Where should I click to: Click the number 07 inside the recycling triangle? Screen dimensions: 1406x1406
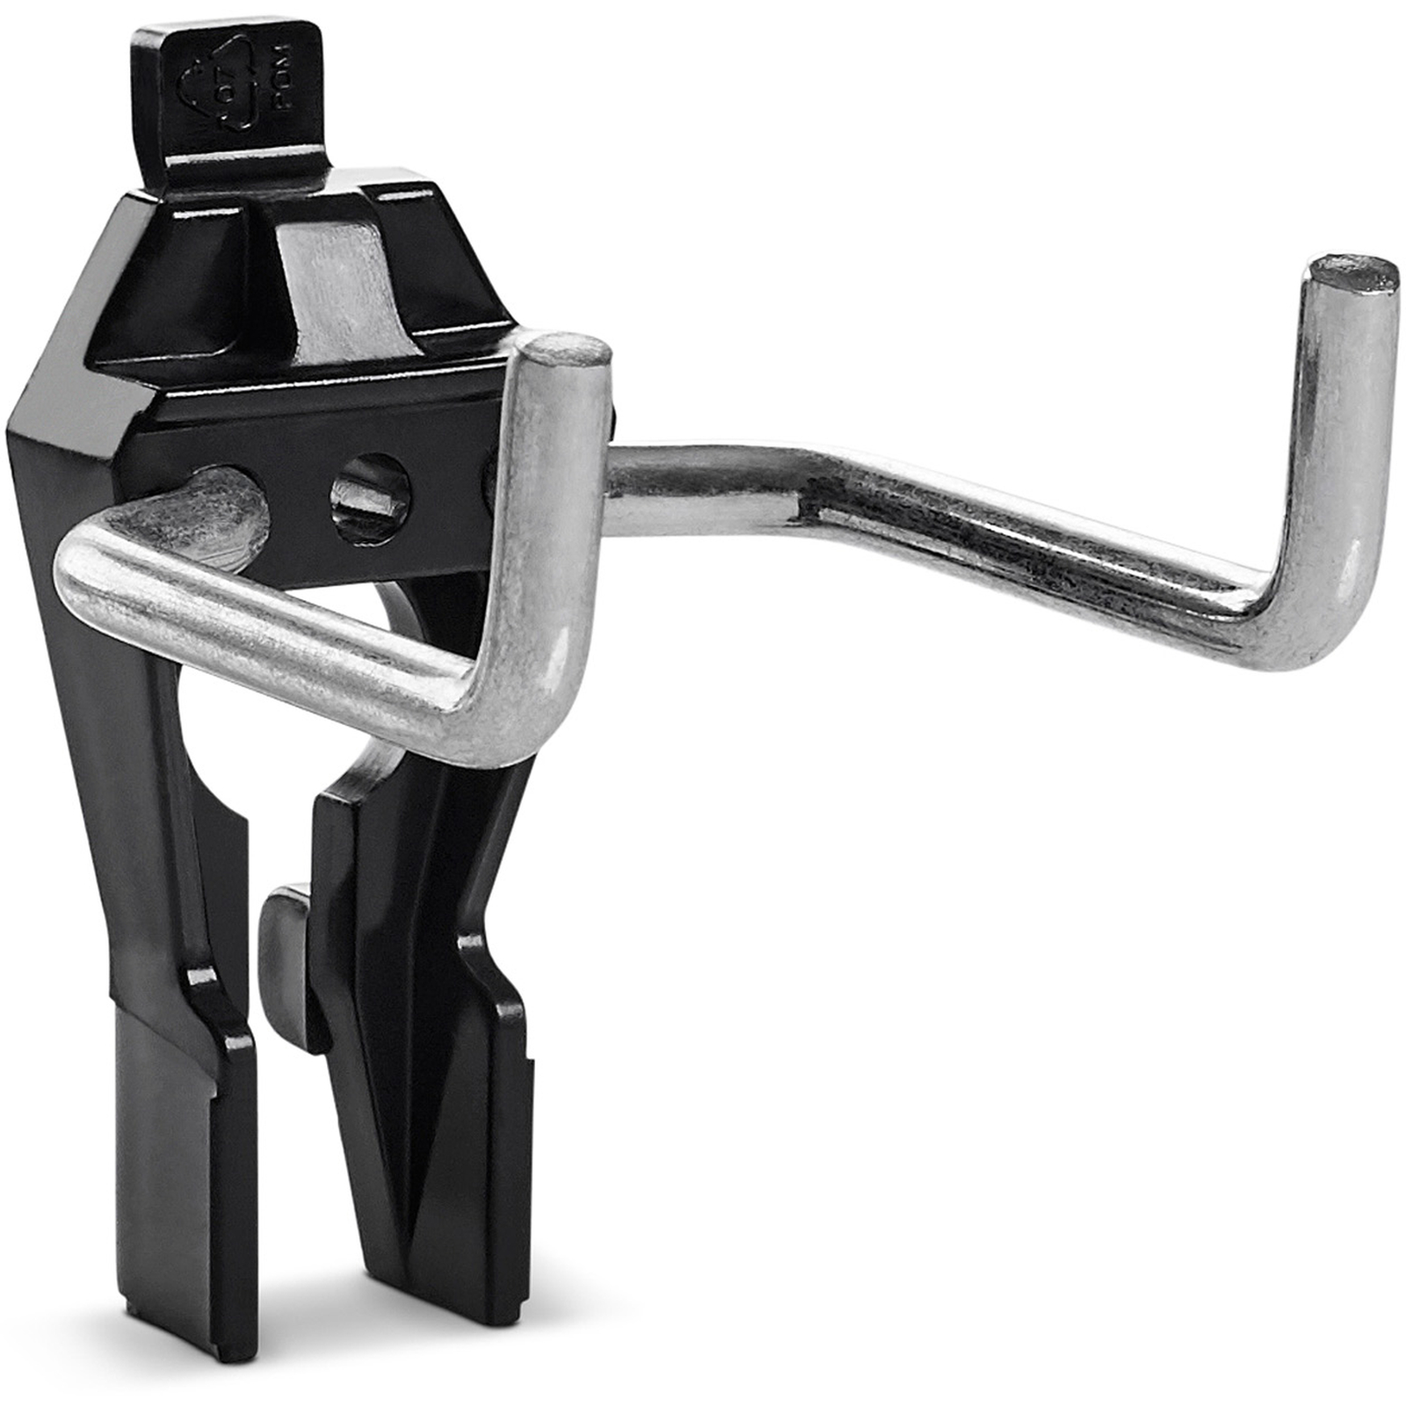coord(205,92)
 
